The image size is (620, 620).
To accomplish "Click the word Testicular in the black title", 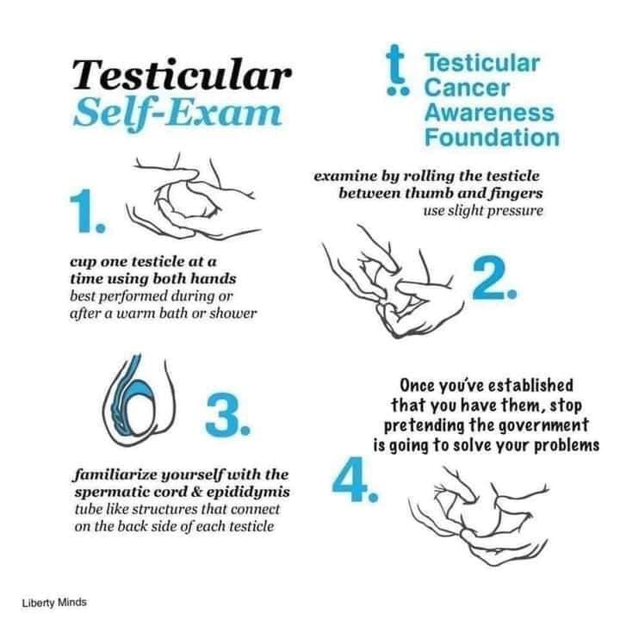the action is tap(182, 74).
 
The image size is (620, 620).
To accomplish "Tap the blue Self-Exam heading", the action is tap(177, 112).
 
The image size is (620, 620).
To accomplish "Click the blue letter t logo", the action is tap(397, 71).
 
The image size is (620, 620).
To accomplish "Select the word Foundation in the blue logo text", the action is tap(492, 137).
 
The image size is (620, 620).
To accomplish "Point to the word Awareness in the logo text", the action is tap(489, 112).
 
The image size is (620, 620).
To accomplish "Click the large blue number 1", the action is tap(88, 212).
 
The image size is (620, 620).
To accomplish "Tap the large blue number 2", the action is tap(494, 277).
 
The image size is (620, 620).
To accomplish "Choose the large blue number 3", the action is tap(227, 415).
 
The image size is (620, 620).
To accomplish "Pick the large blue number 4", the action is tap(355, 480).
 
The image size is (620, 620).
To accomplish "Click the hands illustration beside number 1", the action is tap(193, 198).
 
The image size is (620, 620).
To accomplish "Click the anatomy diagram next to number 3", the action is tap(139, 400).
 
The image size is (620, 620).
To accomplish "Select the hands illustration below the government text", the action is tap(479, 516).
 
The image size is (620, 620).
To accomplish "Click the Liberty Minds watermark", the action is tap(54, 603).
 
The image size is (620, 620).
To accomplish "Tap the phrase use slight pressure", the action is tap(483, 211).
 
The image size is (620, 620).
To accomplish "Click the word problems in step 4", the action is tap(567, 446).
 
